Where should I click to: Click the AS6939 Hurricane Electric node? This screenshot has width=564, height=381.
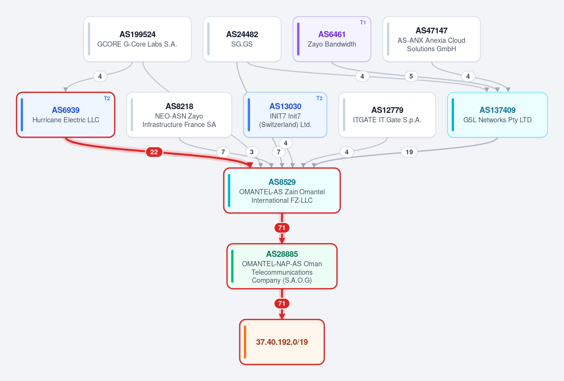(x=66, y=115)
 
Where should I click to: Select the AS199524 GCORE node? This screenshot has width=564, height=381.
(x=137, y=39)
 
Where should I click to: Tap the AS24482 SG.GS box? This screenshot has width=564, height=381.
(x=242, y=39)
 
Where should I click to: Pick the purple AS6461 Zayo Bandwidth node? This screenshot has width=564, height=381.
(x=332, y=39)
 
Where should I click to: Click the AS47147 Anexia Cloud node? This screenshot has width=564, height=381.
(x=431, y=39)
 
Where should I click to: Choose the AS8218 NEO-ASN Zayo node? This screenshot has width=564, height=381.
(x=179, y=115)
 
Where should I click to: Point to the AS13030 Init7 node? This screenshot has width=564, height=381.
(x=285, y=115)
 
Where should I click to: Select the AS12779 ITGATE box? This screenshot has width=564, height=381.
(x=387, y=115)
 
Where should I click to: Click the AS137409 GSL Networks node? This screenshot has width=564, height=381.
(x=498, y=115)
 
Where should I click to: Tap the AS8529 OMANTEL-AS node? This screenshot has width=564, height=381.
(x=282, y=190)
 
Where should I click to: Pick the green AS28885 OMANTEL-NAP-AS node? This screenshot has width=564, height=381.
(x=282, y=266)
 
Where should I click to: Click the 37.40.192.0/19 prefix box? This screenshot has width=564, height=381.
(x=282, y=342)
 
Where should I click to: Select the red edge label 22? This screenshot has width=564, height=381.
(x=154, y=152)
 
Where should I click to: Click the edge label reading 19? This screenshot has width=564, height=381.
(x=409, y=152)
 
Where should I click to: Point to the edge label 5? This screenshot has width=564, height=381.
(x=411, y=76)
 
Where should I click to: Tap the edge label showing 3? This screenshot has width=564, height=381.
(x=252, y=152)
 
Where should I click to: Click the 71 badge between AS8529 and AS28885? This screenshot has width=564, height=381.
(x=282, y=228)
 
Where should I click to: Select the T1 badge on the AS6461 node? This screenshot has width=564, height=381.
(x=363, y=23)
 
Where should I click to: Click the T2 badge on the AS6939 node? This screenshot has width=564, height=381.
(x=107, y=98)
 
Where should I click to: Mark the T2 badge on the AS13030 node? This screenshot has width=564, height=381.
(x=319, y=98)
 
